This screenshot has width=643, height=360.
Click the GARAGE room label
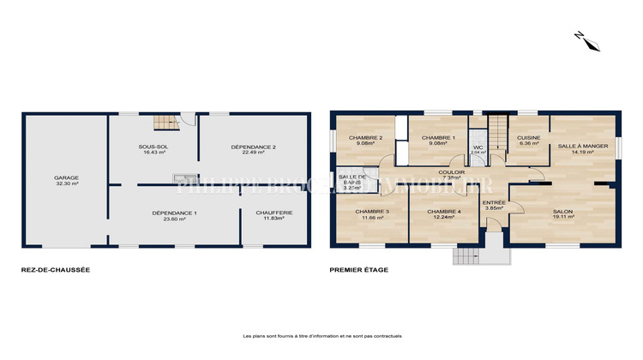pyautogui.click(x=66, y=178)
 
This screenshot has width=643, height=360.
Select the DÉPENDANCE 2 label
pyautogui.click(x=253, y=147)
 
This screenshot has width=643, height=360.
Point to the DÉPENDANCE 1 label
pyautogui.click(x=175, y=213)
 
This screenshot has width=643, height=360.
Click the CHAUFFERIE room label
pyautogui.click(x=275, y=213)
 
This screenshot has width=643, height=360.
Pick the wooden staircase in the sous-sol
pyautogui.click(x=163, y=123)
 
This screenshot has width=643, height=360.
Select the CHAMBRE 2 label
pyautogui.click(x=364, y=137)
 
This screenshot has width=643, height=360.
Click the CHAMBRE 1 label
pyautogui.click(x=442, y=137)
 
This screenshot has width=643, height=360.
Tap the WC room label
pyautogui.click(x=478, y=147)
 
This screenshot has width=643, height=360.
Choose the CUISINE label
pyautogui.click(x=527, y=137)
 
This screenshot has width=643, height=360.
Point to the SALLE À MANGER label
pyautogui.click(x=583, y=146)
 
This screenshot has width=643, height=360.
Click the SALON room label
pyautogui.click(x=562, y=212)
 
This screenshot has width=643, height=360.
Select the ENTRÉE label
pyautogui.click(x=494, y=202)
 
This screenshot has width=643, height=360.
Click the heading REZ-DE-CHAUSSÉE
pyautogui.click(x=56, y=270)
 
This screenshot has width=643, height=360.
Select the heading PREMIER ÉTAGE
pyautogui.click(x=359, y=270)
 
